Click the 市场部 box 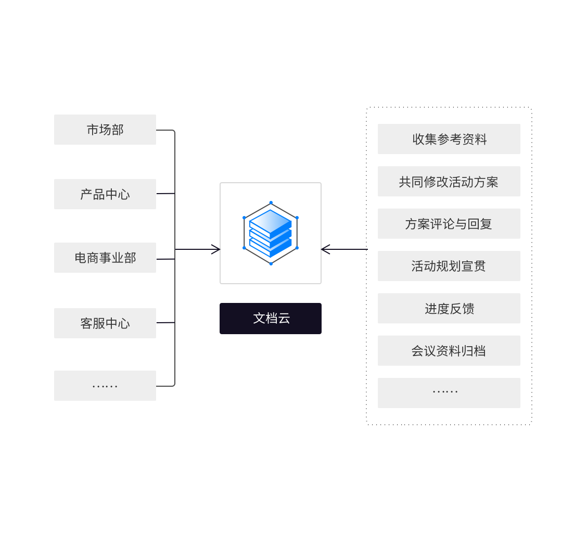pos(105,130)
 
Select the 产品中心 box pos(105,194)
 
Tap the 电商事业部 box pos(105,258)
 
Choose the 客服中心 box pos(105,323)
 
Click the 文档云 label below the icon pos(271,319)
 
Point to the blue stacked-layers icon pos(271,233)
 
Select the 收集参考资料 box pos(449,139)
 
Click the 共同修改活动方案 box pos(449,182)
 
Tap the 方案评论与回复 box pos(449,224)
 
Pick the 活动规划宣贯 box pos(449,266)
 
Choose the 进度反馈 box pos(449,309)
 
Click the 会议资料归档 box pos(449,351)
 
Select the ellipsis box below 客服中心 pos(105,386)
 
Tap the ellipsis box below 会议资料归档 pos(449,393)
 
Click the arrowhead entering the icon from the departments pos(215,250)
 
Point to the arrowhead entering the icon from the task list pos(326,250)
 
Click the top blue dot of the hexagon pos(271,202)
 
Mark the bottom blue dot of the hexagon pos(271,263)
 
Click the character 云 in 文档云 pos(284,319)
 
